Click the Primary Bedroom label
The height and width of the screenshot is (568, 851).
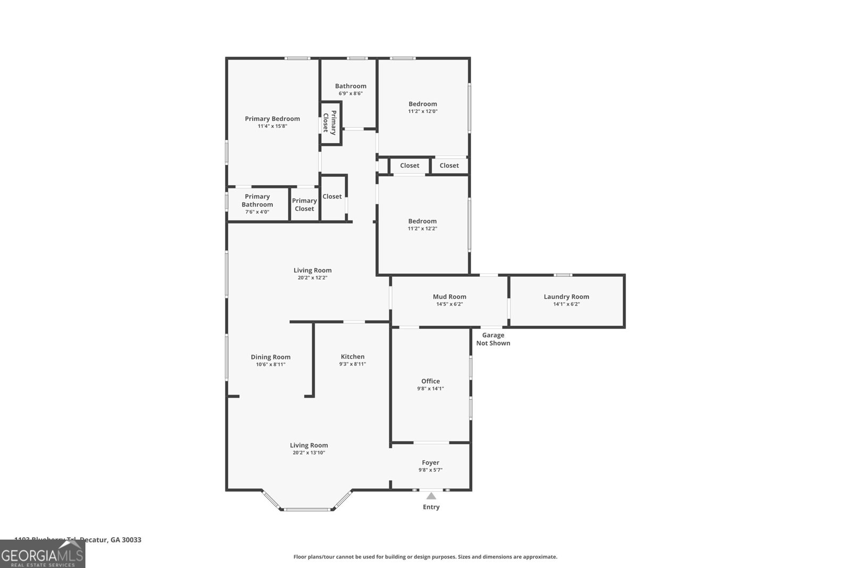272,119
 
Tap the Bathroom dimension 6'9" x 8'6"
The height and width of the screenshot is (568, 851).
351,94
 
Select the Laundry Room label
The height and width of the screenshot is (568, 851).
566,297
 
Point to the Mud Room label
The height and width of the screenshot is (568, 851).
449,297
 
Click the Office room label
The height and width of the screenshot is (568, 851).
430,381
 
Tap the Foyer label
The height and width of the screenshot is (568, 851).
430,463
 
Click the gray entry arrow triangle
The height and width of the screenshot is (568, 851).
431,496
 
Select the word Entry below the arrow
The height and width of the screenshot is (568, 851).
431,507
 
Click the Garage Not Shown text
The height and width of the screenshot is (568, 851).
493,339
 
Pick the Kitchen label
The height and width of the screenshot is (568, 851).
353,357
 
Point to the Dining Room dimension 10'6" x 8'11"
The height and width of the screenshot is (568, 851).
271,365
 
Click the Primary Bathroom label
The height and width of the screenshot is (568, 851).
257,200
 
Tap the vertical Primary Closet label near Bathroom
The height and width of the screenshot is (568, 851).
330,122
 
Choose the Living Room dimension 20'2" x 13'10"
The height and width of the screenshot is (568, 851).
308,453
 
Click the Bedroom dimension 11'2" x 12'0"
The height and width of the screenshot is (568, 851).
423,112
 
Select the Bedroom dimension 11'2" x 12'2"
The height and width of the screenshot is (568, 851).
422,229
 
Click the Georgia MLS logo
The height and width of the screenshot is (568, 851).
43,555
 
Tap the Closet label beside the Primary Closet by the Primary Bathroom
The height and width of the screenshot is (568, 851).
332,196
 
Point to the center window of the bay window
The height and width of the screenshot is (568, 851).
306,509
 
